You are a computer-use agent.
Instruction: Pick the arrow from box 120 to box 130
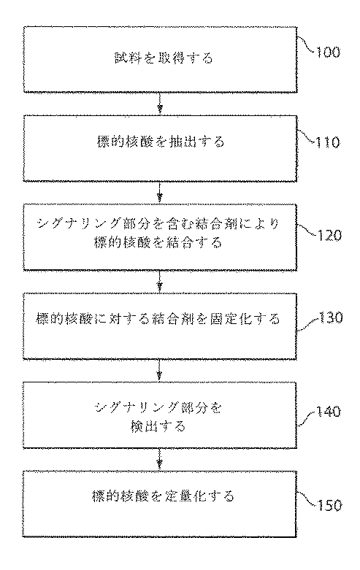click(x=160, y=280)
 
